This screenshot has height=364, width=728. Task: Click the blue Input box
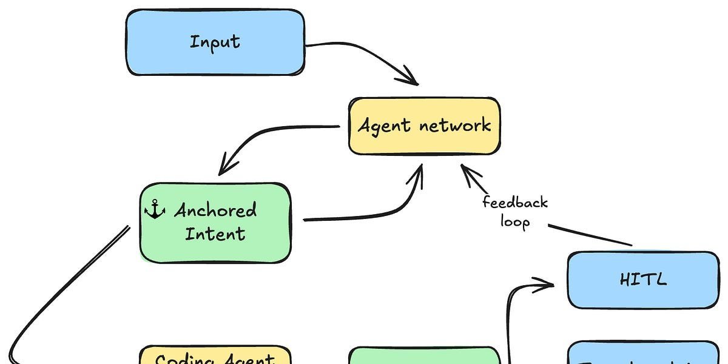[215, 42]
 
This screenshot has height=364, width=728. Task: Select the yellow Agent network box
[424, 126]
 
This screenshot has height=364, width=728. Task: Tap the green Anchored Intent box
[215, 223]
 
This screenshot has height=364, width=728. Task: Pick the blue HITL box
[643, 280]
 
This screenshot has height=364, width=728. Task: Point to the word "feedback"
[515, 203]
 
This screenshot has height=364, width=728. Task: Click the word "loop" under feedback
[515, 221]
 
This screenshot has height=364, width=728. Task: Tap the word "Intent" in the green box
[215, 234]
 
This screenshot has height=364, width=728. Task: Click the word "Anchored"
[215, 211]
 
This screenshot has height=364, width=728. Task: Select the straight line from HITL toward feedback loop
[588, 235]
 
